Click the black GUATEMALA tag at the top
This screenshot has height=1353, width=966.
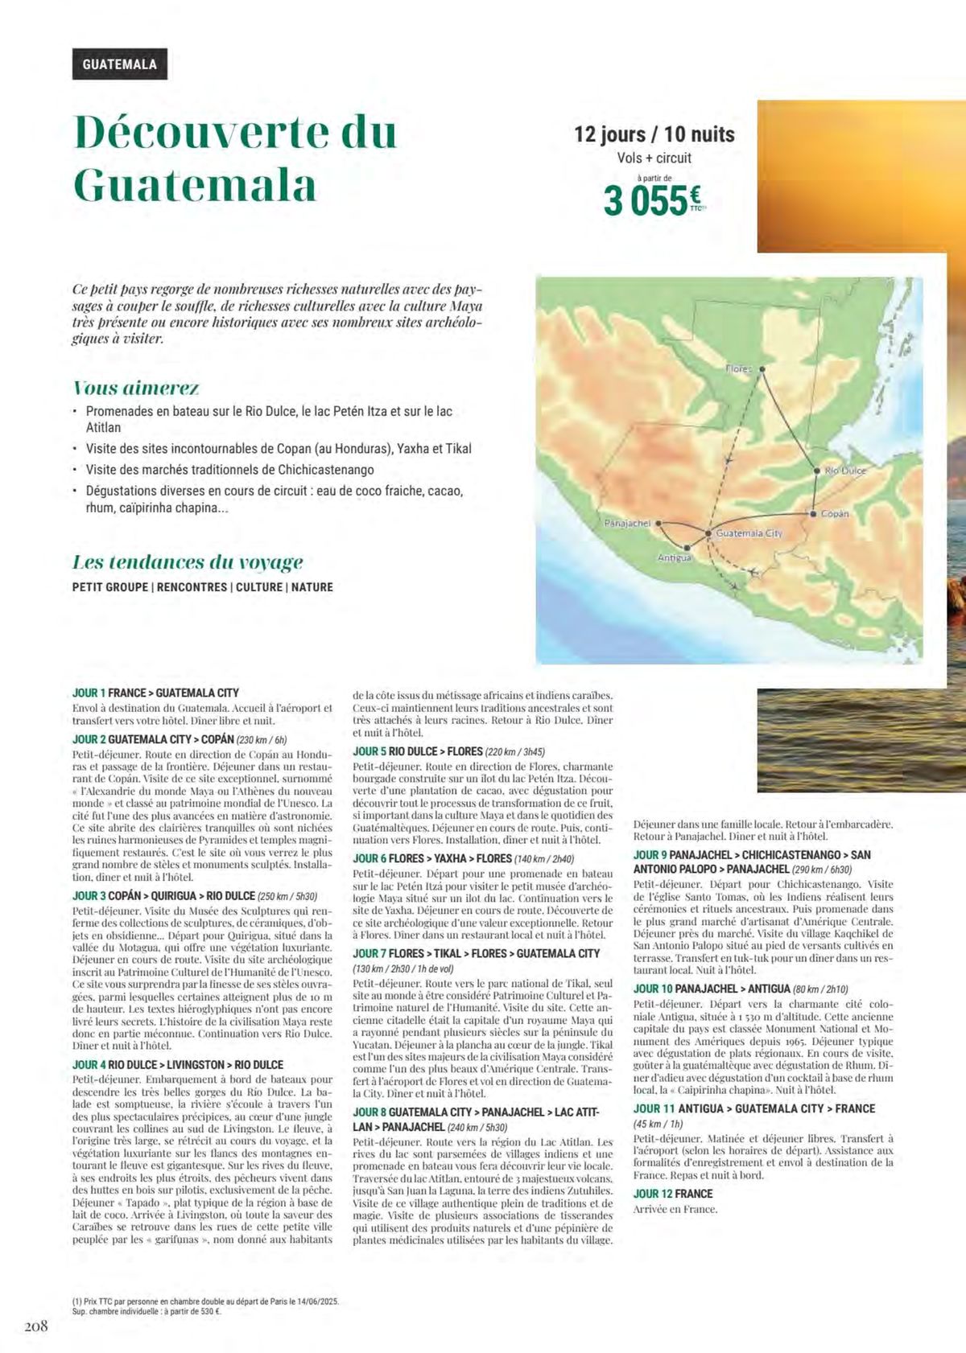pos(119,64)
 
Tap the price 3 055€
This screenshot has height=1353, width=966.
pos(652,200)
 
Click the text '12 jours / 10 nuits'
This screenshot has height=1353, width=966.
pos(654,134)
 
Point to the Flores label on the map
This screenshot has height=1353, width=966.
pos(738,368)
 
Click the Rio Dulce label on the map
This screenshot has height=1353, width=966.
pos(845,471)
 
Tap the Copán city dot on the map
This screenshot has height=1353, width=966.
pos(813,513)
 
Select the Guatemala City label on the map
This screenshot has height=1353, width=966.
pos(749,533)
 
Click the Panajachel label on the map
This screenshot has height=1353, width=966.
pos(627,523)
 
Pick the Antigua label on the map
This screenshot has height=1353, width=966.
pos(675,557)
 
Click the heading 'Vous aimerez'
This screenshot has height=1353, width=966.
pos(136,388)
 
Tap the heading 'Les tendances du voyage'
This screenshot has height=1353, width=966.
pos(188,561)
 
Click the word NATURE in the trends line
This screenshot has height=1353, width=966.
pos(312,587)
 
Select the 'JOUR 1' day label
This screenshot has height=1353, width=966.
pos(89,693)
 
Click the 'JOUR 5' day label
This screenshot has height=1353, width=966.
pos(369,751)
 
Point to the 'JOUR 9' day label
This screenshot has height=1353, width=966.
pos(650,855)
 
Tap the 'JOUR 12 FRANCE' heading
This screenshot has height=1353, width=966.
pos(673,1194)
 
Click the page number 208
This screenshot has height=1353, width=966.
pos(35,1326)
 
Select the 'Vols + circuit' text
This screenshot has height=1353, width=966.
pos(654,158)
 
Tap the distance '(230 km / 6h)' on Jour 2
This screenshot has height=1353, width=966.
pos(262,739)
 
